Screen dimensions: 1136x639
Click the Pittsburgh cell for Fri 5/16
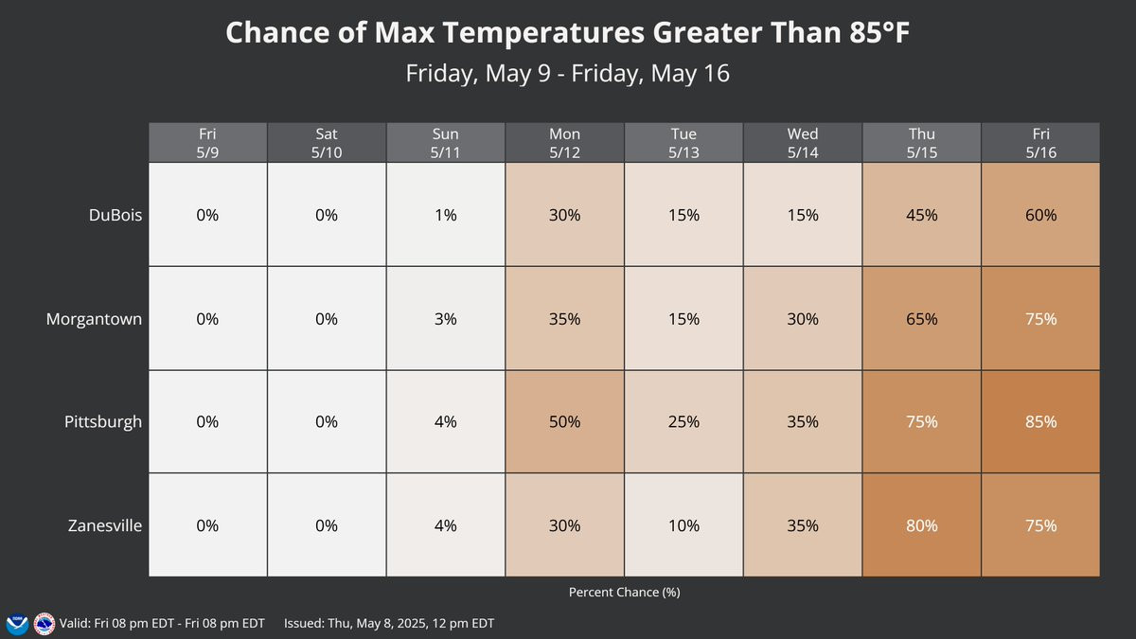[x=1040, y=422]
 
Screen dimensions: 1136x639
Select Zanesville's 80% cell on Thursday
[x=921, y=525]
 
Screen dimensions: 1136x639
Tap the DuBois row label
[x=115, y=215]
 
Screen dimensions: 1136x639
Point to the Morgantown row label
[x=94, y=319]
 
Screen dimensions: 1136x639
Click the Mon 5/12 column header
[x=564, y=143]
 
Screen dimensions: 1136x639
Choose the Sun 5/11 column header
[x=445, y=143]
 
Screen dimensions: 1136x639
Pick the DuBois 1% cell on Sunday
[x=445, y=215]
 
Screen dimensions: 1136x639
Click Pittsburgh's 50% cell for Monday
[x=564, y=422]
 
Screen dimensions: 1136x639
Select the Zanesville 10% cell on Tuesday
[x=683, y=525]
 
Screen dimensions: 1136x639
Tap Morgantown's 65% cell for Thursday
[x=921, y=318]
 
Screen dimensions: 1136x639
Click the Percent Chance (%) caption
[x=624, y=593]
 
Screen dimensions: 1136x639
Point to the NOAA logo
[x=17, y=624]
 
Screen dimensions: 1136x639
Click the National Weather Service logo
[x=44, y=624]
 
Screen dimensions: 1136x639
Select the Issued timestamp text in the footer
[x=389, y=623]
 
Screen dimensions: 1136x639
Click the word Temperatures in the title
[x=543, y=32]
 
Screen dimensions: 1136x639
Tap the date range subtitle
[x=567, y=74]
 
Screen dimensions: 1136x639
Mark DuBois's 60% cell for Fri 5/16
[x=1040, y=215]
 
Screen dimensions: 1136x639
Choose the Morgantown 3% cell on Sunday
[x=445, y=318]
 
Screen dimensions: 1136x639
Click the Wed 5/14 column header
[x=803, y=143]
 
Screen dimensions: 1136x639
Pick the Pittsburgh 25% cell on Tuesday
[x=683, y=422]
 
